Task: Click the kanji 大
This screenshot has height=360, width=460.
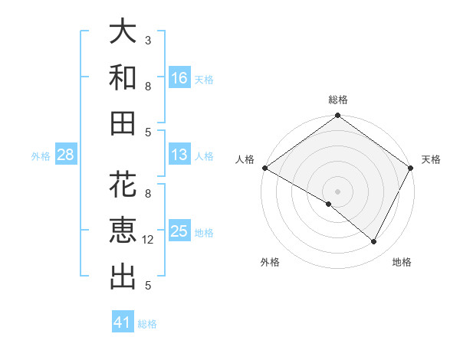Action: coord(123,32)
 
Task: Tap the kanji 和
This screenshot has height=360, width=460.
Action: coord(123,77)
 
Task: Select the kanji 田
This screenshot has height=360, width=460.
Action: coord(123,123)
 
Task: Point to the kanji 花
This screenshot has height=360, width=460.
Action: coord(123,185)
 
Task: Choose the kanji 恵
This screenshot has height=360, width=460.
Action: coord(123,231)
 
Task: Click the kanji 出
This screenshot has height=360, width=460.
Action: coord(123,276)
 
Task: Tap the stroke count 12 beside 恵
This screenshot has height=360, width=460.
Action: coord(149,240)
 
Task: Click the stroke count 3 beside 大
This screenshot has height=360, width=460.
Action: coord(148,40)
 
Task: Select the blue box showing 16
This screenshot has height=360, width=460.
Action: coord(179,77)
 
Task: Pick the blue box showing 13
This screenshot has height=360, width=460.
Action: coord(179,155)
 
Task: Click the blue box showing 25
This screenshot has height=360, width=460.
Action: coord(179,231)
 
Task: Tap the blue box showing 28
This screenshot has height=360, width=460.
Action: coord(66,155)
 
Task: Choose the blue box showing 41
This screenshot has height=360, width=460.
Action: coord(123,322)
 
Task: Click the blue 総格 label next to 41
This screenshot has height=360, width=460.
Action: coord(147,324)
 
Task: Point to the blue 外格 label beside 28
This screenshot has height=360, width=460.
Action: coord(41,156)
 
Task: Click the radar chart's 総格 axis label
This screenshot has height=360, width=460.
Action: coord(337,100)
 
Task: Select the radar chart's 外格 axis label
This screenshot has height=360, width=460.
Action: coord(269,263)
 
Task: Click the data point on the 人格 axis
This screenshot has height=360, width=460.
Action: coord(264,168)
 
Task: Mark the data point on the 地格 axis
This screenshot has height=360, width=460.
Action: coord(374,242)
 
